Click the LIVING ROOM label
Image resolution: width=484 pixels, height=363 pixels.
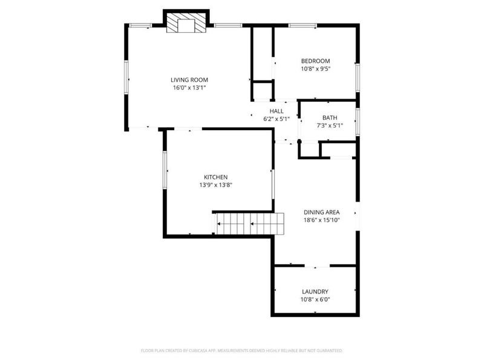pos(189,80)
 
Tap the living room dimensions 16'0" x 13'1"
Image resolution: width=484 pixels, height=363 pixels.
pos(189,88)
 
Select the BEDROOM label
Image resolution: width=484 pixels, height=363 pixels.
pos(315,61)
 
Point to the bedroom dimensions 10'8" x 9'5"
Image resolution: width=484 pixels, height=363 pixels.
pos(315,69)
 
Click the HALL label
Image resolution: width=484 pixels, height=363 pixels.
pos(276,111)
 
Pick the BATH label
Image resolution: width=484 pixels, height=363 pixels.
pos(330,117)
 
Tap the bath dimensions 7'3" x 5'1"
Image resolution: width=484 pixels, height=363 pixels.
pos(330,126)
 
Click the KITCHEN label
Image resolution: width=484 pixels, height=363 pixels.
pos(216,177)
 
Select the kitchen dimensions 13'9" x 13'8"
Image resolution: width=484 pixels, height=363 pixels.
pos(216,185)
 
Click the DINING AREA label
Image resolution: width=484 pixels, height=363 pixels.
pos(322,212)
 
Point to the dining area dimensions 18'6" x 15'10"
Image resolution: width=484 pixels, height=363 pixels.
pos(322,220)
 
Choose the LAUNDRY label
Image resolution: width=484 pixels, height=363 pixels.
pos(315,292)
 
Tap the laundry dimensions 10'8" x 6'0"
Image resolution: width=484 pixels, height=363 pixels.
pos(315,299)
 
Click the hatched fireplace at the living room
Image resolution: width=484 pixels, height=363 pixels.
pos(186,22)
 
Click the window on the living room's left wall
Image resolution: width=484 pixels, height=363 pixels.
pos(126,77)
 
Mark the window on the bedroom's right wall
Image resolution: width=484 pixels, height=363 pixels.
pos(358,77)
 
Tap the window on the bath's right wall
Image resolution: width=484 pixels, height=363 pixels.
pos(358,122)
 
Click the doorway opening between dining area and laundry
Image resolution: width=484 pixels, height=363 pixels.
pos(317,266)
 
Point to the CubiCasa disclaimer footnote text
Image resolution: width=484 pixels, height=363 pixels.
pos(242,351)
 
